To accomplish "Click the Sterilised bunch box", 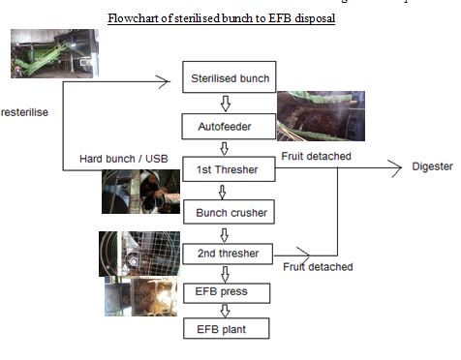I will pyautogui.click(x=228, y=78).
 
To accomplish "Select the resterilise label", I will pyautogui.click(x=24, y=112).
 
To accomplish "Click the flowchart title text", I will pyautogui.click(x=222, y=19).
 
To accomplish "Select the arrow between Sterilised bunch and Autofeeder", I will pyautogui.click(x=226, y=103).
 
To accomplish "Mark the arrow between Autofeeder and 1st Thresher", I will pyautogui.click(x=226, y=147).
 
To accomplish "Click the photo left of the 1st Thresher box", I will pyautogui.click(x=140, y=192).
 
